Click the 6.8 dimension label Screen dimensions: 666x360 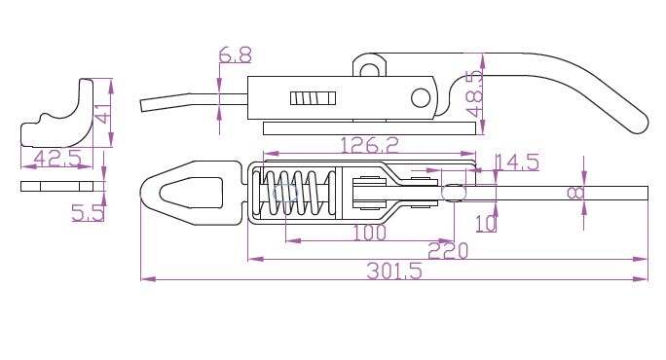coord(235,54)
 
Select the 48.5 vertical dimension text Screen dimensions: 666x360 coord(474,93)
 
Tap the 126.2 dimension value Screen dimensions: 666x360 coord(370,145)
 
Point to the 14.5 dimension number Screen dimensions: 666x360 coord(517,162)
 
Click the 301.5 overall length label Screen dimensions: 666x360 coord(394,270)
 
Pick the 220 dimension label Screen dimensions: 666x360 coord(448,251)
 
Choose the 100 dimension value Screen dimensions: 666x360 coord(370,233)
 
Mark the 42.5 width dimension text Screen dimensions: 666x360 coord(57,158)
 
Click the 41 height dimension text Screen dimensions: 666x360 coord(103,113)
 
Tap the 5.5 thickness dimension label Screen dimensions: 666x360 coord(88,213)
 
